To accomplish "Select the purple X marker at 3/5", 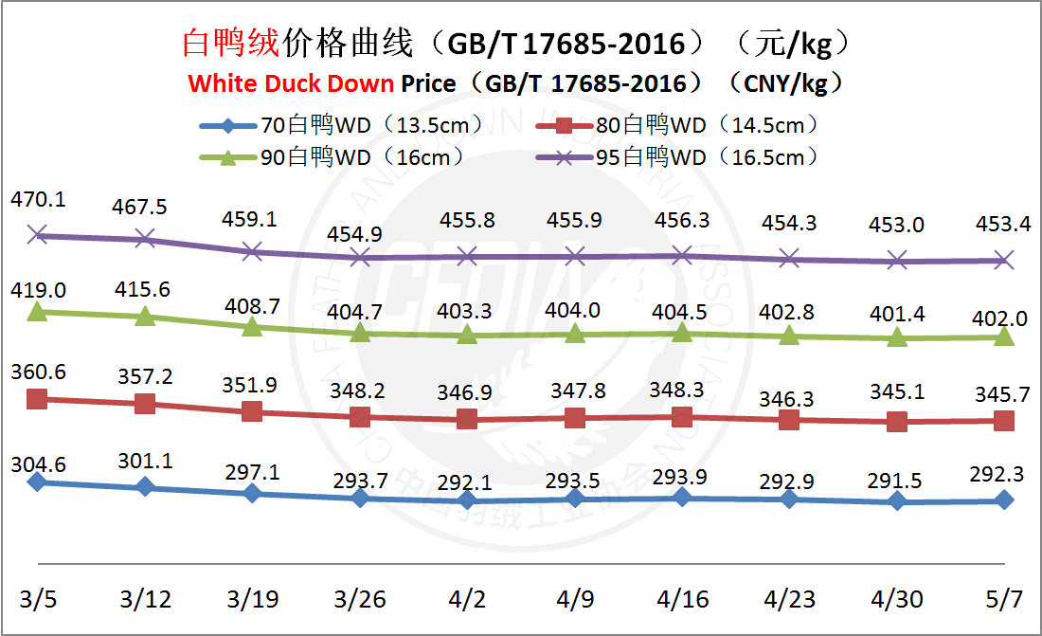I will click(37, 234).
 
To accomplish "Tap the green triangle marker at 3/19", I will click(252, 326).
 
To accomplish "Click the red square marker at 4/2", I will click(467, 419).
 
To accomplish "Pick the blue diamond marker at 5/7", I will click(1005, 500).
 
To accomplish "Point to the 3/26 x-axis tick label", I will click(359, 600).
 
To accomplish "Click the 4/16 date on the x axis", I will click(681, 600).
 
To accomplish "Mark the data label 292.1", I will click(467, 483).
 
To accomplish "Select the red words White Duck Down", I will click(291, 83).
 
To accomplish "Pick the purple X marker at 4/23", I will click(789, 258).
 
